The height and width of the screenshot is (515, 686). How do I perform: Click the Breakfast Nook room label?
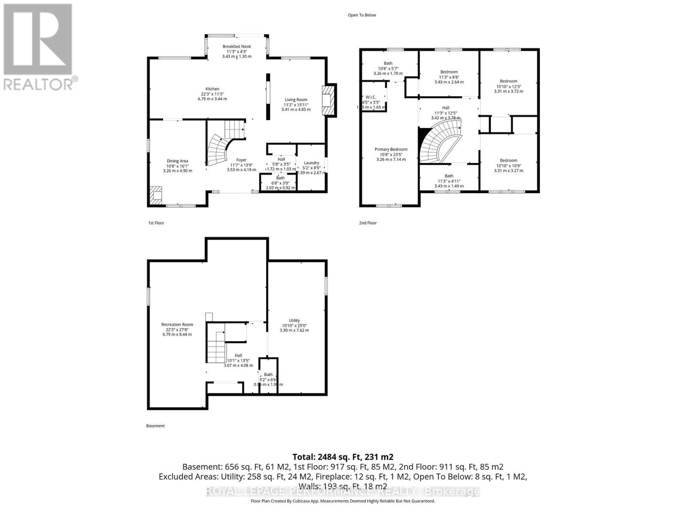(x=237, y=46)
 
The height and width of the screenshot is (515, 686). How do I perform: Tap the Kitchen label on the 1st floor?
(x=212, y=89)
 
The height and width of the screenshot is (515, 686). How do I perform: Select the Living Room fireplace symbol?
(x=328, y=100)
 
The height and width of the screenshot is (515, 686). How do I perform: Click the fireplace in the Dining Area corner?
(x=156, y=195)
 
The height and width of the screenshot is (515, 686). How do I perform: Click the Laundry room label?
(x=311, y=163)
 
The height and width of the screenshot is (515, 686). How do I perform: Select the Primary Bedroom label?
(x=390, y=149)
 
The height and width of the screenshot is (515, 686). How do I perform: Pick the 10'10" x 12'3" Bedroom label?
(x=508, y=81)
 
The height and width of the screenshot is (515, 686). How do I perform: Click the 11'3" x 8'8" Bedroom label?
(x=449, y=72)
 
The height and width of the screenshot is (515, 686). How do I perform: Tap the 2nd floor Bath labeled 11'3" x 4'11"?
(x=449, y=176)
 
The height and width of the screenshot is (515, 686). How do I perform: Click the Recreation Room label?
(x=177, y=324)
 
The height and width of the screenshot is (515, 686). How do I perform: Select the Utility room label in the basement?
(x=294, y=321)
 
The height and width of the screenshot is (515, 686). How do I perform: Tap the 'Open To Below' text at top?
(x=362, y=15)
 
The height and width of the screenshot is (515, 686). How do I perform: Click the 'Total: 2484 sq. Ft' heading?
(x=343, y=457)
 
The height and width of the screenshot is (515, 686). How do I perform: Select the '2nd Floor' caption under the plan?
(x=368, y=223)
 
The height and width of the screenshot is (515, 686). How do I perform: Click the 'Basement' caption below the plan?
(x=155, y=426)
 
